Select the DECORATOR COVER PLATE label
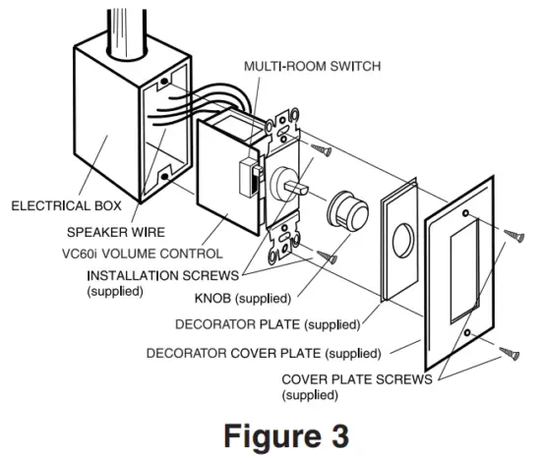[263, 352]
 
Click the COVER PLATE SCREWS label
[356, 379]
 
